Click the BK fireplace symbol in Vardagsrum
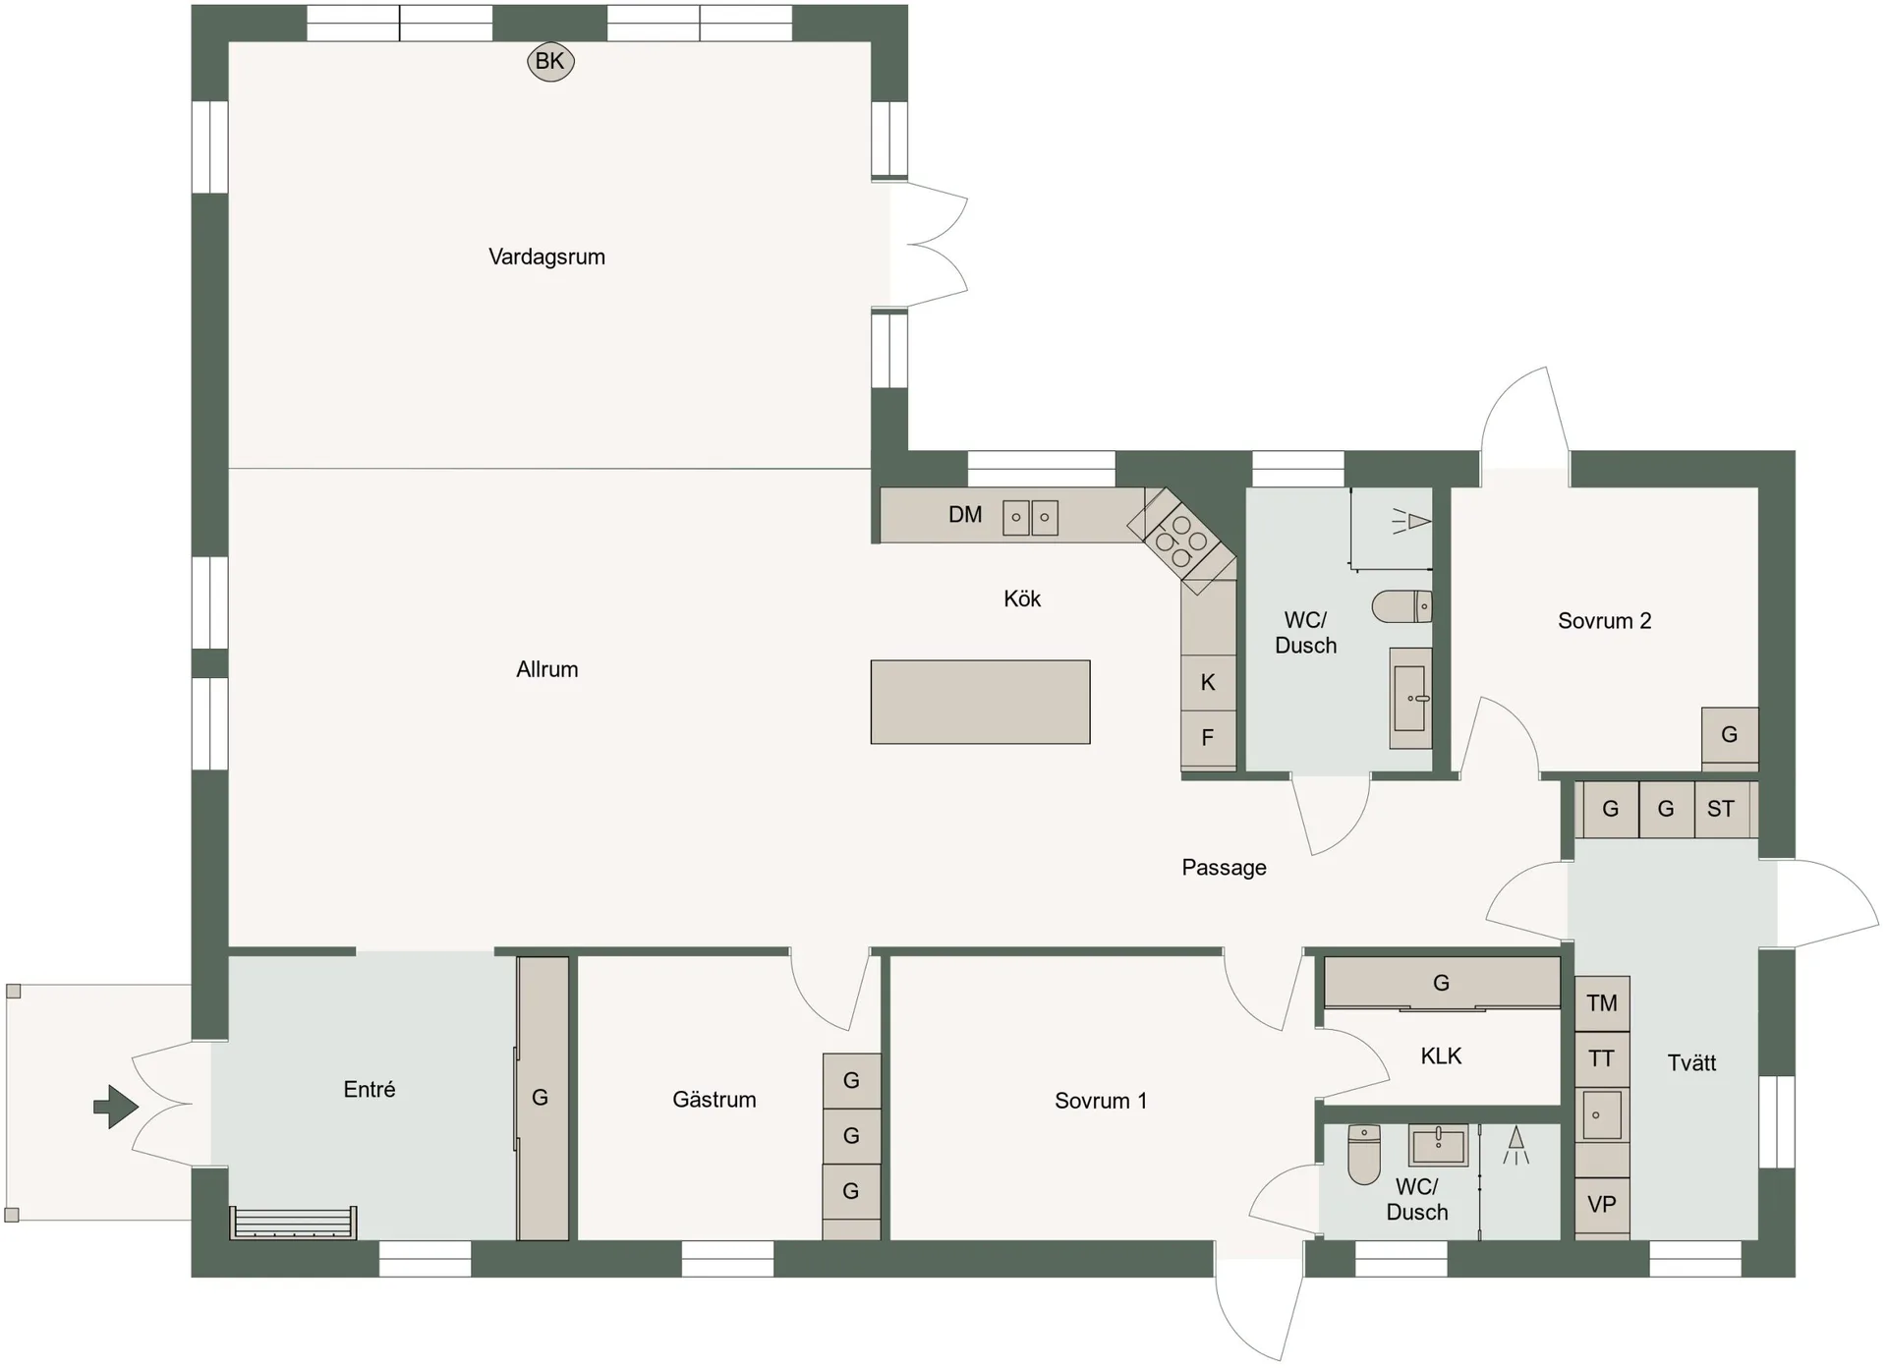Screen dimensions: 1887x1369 click(x=550, y=62)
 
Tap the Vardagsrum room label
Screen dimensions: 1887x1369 click(x=546, y=257)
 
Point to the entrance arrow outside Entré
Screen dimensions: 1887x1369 click(x=116, y=1107)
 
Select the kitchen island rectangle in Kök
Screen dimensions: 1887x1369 click(x=980, y=702)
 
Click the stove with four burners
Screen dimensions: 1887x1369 click(x=1181, y=542)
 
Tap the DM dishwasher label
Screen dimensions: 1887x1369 click(x=965, y=514)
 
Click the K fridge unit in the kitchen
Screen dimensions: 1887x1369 click(x=1208, y=682)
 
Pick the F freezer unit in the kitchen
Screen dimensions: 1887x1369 click(x=1208, y=737)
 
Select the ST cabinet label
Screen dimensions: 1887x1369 click(x=1720, y=809)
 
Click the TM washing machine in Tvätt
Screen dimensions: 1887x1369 click(x=1602, y=1003)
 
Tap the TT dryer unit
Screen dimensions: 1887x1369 click(x=1602, y=1058)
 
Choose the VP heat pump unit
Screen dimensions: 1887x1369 click(x=1602, y=1205)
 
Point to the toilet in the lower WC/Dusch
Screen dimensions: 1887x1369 click(x=1364, y=1155)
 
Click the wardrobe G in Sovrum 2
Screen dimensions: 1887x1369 click(x=1730, y=734)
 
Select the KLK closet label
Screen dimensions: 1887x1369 click(x=1441, y=1055)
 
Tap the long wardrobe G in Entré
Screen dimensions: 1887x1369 click(x=543, y=1098)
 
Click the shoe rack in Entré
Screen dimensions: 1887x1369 click(x=293, y=1223)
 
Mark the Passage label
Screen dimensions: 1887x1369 click(x=1224, y=868)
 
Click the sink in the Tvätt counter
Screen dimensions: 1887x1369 click(x=1602, y=1114)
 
